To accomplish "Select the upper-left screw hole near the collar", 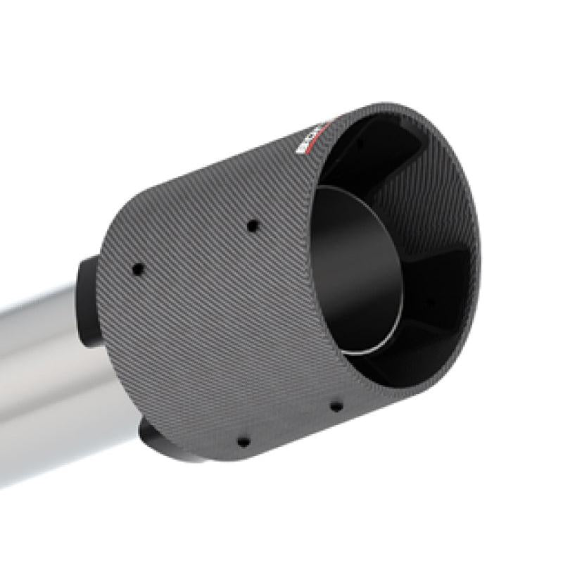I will [138, 268].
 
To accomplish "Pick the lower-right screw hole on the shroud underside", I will [336, 406].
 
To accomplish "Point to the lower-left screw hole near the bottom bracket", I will [243, 442].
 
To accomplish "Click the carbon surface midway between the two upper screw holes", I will [196, 247].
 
